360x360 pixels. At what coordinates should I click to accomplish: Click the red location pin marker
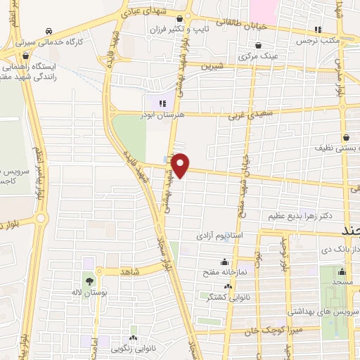click(x=181, y=164)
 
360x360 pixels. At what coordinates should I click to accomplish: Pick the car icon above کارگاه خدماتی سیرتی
click(x=49, y=32)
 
